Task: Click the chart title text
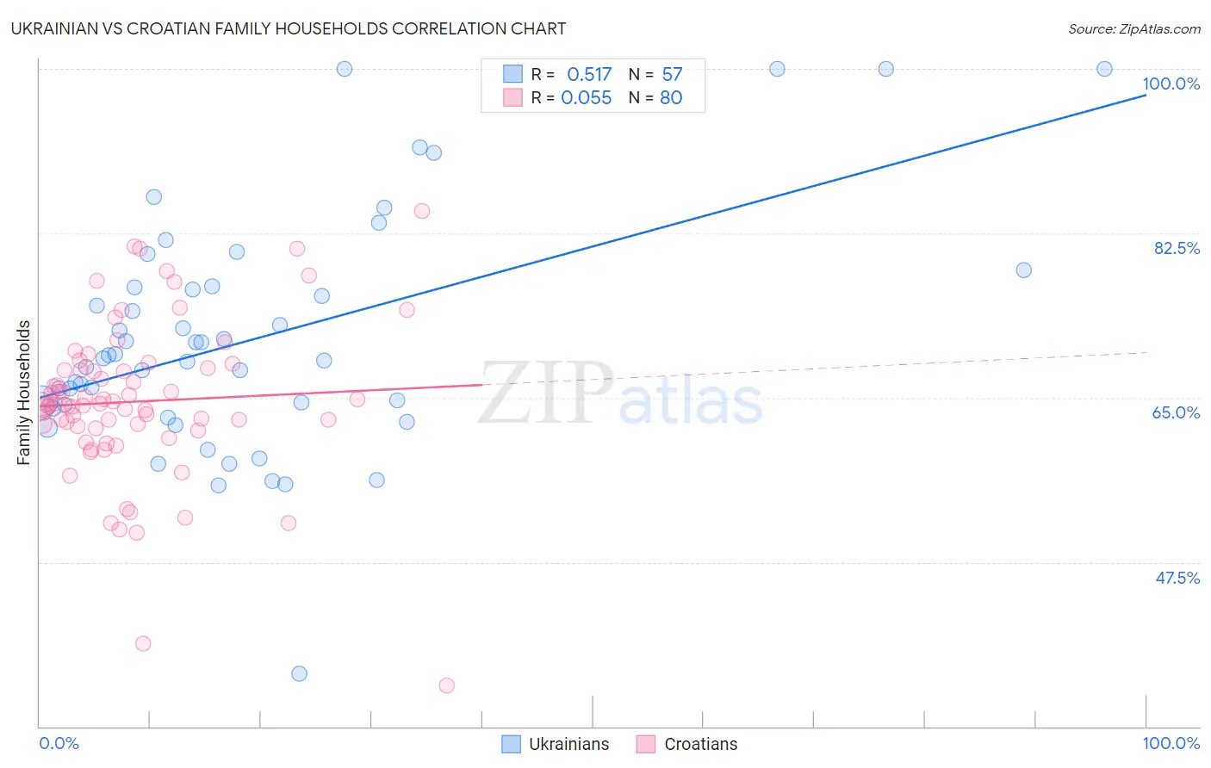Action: (288, 28)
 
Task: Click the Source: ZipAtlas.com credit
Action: (1133, 28)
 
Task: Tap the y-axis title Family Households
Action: (24, 393)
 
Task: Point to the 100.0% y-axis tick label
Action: (1171, 84)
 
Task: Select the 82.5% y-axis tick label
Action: (1177, 248)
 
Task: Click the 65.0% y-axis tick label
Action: (1176, 412)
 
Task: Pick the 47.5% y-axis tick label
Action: (1177, 578)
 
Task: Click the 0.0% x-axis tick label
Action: (59, 743)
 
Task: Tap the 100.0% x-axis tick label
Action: (1171, 743)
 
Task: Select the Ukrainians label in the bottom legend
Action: (568, 744)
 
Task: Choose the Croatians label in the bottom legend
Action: (700, 744)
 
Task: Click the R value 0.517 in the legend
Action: (589, 75)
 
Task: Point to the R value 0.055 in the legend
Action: (587, 98)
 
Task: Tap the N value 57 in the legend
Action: (672, 75)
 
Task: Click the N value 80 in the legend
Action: (671, 98)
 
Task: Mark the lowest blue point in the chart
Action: (299, 673)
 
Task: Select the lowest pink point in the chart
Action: (446, 685)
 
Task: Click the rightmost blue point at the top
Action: (1104, 69)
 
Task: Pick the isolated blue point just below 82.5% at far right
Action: (1023, 270)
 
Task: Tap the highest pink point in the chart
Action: (422, 211)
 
